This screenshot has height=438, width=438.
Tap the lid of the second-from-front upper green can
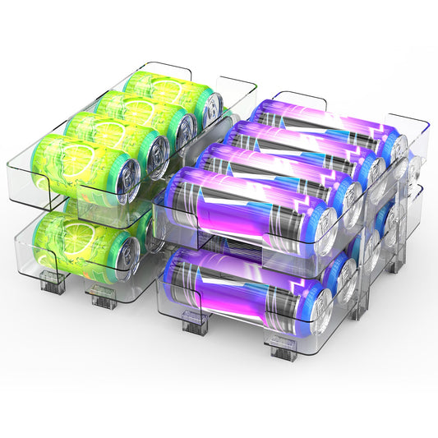[155, 150]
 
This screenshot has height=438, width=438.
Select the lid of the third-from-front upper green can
[185, 127]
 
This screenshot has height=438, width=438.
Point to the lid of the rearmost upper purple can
[398, 148]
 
